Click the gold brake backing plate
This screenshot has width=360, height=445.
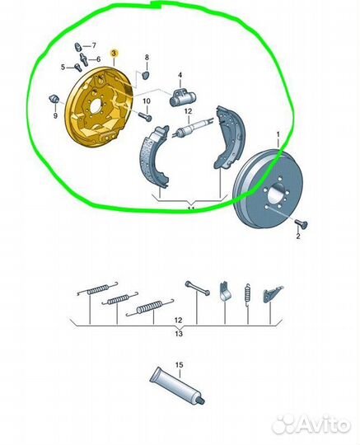point(98,107)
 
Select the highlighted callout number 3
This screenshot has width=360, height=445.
point(114,54)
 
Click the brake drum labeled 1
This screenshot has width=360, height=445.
point(268,188)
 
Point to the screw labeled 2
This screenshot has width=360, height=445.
point(302,224)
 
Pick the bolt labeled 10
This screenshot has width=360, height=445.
point(145,116)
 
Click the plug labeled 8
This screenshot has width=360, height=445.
point(146,75)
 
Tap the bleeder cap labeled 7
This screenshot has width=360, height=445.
point(78,47)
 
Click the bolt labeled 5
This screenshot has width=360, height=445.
point(78,68)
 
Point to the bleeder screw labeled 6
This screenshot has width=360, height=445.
point(84,59)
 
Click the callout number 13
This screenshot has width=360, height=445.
point(179,334)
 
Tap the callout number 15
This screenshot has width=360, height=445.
point(180,365)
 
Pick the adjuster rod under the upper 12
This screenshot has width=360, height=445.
point(193,127)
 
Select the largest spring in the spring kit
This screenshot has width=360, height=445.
point(150,307)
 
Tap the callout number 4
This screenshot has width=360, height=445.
point(180,76)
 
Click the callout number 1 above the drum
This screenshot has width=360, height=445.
point(278,134)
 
